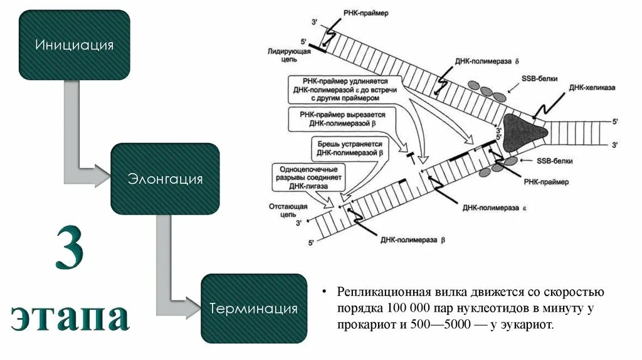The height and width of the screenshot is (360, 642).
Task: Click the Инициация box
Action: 75,45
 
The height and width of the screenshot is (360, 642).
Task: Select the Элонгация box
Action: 166,179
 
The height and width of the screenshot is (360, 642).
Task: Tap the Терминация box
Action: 254,309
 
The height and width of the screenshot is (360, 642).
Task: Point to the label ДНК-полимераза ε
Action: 492,204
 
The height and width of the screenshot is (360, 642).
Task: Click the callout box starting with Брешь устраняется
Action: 349,147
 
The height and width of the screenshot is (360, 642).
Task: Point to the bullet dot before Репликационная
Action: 325,293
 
